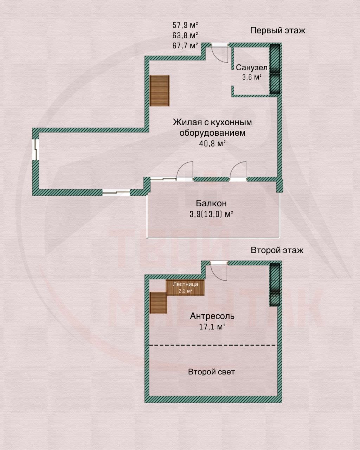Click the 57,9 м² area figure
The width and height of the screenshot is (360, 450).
(x=185, y=25)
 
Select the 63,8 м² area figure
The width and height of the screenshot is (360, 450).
(x=185, y=36)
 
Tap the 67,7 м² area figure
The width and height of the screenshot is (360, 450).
(x=185, y=45)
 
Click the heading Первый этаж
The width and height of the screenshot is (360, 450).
(x=278, y=31)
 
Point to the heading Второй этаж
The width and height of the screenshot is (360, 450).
(x=277, y=250)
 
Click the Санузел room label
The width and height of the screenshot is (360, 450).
(x=252, y=67)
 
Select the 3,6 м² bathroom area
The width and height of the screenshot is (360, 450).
(x=252, y=77)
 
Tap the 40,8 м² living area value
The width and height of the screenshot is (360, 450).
(x=212, y=143)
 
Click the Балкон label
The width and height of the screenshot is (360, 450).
(x=211, y=203)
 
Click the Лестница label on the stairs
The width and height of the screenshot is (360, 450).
(x=185, y=284)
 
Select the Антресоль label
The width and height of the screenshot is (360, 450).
(x=212, y=316)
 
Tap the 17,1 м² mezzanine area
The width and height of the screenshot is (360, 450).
(x=212, y=327)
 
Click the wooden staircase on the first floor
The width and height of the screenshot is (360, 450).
(x=160, y=91)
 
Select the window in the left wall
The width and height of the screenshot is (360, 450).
(x=36, y=149)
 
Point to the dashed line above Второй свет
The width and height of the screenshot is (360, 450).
(x=213, y=345)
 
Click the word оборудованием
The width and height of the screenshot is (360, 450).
(x=212, y=133)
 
